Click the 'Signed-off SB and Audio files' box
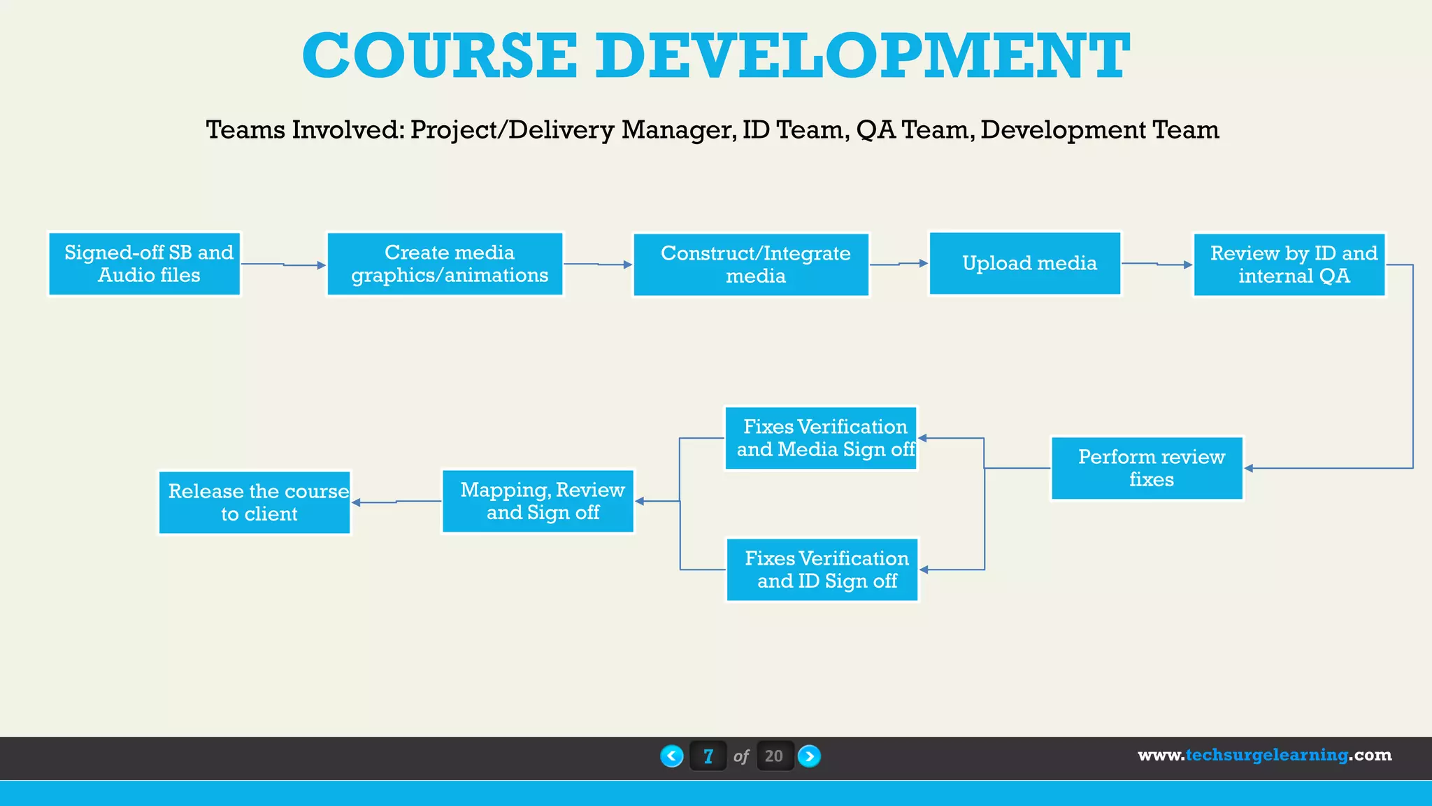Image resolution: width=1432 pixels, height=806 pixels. tap(145, 264)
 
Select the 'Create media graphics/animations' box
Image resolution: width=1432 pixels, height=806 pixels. tap(445, 264)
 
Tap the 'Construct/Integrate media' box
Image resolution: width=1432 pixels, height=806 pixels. tap(752, 264)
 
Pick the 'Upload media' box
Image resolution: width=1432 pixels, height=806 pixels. tap(1025, 263)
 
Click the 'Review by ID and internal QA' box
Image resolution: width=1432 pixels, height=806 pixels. tap(1289, 264)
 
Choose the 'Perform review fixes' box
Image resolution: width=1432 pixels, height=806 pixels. tap(1147, 468)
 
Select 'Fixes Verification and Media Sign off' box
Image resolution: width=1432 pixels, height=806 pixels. tap(821, 438)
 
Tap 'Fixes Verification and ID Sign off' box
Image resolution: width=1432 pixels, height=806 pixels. tap(822, 570)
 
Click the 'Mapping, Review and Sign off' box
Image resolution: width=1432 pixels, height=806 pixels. tap(538, 501)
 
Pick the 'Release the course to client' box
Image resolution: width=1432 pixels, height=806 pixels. tap(255, 502)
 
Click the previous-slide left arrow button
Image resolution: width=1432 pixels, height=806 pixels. tap(672, 756)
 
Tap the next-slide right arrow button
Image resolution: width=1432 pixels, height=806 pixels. tap(809, 756)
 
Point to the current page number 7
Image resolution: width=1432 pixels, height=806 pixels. tap(708, 756)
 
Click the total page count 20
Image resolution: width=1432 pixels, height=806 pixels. tap(774, 756)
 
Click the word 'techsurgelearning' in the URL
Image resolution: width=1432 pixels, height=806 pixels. tap(1266, 755)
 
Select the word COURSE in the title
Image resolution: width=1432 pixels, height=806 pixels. tap(440, 56)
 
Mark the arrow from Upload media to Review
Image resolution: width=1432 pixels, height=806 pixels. tap(1157, 264)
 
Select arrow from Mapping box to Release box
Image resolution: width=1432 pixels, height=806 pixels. tap(396, 502)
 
